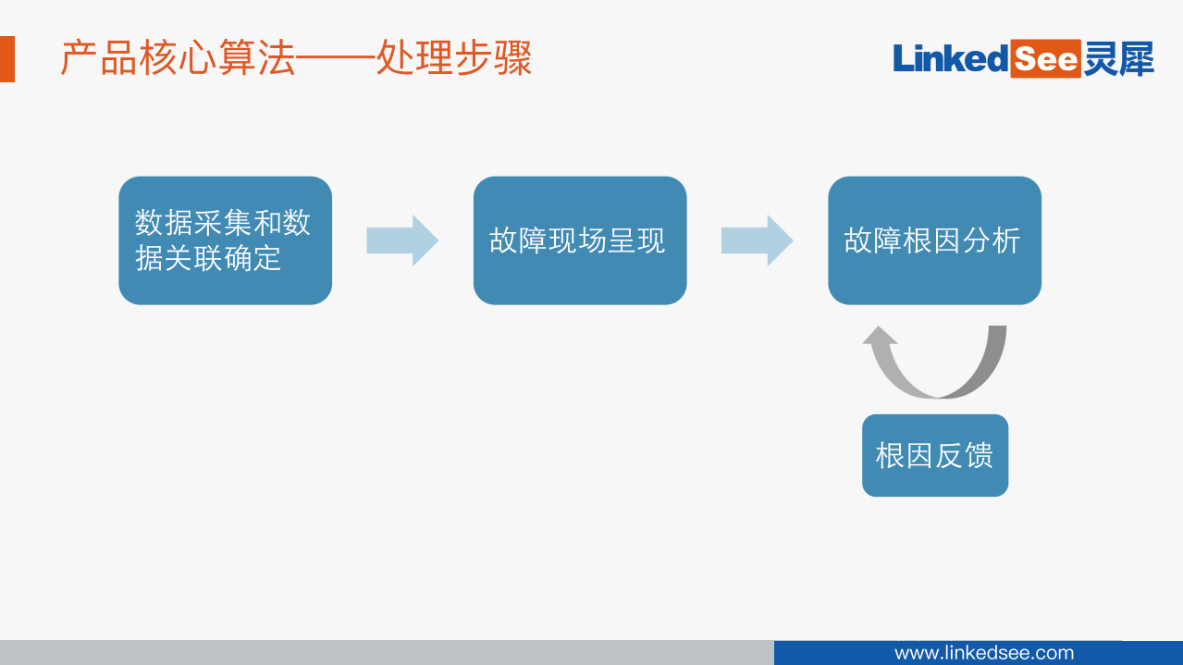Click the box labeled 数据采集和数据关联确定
click(x=225, y=240)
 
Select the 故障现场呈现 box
click(x=580, y=240)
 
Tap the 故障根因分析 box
click(x=934, y=240)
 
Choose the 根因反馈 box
click(x=935, y=455)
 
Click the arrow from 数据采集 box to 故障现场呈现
click(x=402, y=240)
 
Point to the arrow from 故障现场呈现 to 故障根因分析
click(x=757, y=240)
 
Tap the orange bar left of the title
click(x=6, y=59)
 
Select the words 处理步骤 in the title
click(x=454, y=59)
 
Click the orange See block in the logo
click(x=1045, y=59)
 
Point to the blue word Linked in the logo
click(x=950, y=59)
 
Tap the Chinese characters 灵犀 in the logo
click(x=1119, y=59)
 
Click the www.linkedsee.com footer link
click(x=984, y=653)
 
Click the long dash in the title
click(x=336, y=60)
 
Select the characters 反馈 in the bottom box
click(x=965, y=455)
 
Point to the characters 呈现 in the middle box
click(x=636, y=240)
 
